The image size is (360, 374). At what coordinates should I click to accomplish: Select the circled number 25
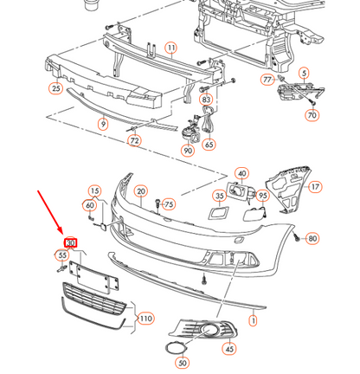click(x=56, y=88)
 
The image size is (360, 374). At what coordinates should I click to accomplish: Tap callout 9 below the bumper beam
click(x=103, y=125)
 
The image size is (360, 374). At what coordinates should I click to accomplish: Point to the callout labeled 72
click(x=134, y=140)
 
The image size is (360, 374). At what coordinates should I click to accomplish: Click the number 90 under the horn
click(x=188, y=151)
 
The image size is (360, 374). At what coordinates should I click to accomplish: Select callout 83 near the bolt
click(x=206, y=100)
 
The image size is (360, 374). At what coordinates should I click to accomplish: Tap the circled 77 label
click(x=267, y=79)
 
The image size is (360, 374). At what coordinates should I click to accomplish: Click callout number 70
click(x=312, y=114)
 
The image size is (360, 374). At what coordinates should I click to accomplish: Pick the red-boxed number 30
click(x=71, y=242)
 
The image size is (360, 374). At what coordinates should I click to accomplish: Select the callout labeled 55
click(x=62, y=255)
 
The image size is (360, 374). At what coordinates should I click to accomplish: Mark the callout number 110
click(x=145, y=319)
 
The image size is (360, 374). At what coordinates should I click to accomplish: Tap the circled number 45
click(x=228, y=349)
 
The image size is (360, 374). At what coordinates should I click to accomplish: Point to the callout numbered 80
click(x=312, y=238)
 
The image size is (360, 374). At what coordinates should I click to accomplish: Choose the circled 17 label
click(x=315, y=186)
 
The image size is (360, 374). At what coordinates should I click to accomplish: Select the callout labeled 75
click(x=170, y=204)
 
